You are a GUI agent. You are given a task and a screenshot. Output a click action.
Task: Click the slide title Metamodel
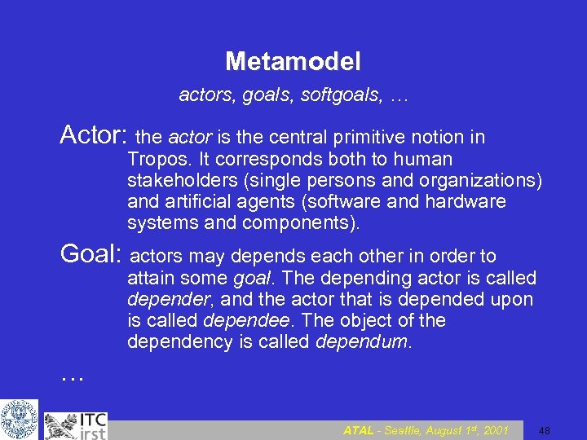point(293,61)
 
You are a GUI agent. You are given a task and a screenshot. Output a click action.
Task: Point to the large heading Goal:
point(90,255)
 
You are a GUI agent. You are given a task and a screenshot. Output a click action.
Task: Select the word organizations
point(486,180)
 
